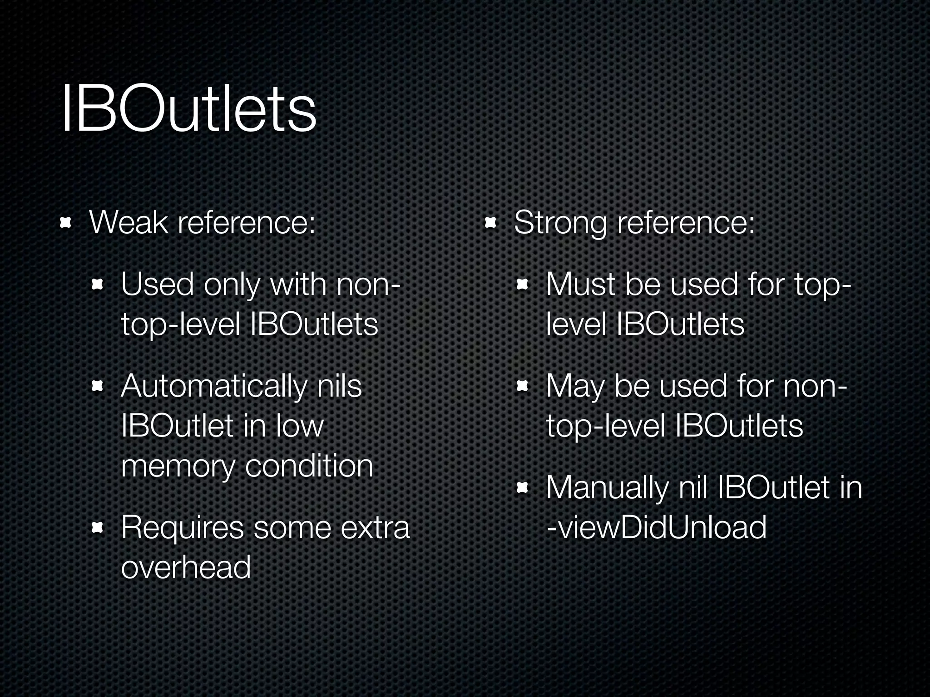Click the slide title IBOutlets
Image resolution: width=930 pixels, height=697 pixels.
[188, 109]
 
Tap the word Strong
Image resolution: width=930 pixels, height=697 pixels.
[560, 223]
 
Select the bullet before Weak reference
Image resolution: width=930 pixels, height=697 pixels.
[66, 223]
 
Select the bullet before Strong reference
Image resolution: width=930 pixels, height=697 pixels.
[490, 223]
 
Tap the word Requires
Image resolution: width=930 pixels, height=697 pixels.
[182, 528]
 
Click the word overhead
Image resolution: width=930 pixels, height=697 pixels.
[186, 567]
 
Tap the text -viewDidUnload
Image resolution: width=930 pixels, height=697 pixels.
[657, 527]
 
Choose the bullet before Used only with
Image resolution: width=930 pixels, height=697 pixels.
[98, 285]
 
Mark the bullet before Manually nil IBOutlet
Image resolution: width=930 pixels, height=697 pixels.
[523, 488]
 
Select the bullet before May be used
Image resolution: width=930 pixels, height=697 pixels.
[523, 387]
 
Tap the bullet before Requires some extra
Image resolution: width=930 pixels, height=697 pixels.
[98, 528]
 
